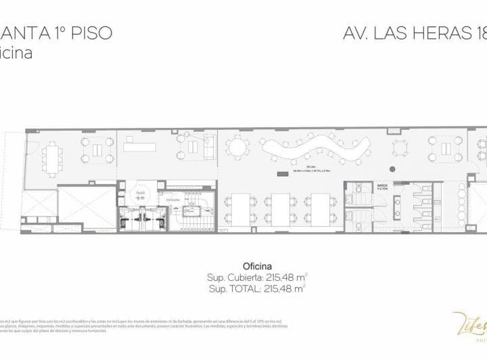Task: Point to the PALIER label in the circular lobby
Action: (140, 192)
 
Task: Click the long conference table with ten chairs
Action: (53, 157)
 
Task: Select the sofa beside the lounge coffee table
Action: (208, 144)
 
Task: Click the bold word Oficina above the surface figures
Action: (257, 266)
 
